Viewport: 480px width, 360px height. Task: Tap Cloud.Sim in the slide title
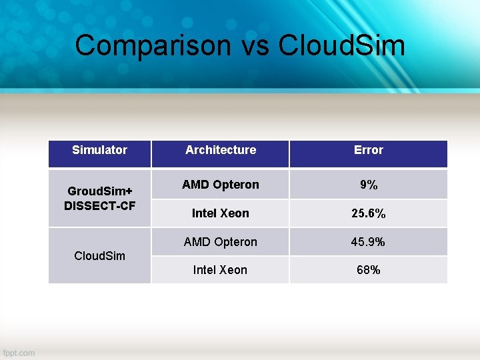pos(341,46)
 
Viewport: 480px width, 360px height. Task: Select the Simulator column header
pos(99,150)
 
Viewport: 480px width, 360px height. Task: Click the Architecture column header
pos(221,150)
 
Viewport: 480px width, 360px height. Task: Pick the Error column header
pos(369,150)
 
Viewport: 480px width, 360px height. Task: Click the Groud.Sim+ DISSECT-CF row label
pos(99,198)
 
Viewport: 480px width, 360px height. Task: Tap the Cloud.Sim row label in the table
pos(99,256)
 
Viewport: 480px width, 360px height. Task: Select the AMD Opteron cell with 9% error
pos(221,185)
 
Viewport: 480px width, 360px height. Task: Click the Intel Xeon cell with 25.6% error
pos(221,213)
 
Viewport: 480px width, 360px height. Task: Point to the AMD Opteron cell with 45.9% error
pos(221,242)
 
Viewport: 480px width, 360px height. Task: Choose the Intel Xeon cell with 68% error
pos(220,270)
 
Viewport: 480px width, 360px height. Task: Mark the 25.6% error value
pos(369,214)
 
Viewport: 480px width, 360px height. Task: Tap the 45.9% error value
pos(369,242)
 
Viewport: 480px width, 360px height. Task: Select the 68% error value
pos(369,270)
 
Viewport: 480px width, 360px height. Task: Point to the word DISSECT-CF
pos(99,205)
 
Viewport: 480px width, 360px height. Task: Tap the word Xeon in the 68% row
pos(234,270)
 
